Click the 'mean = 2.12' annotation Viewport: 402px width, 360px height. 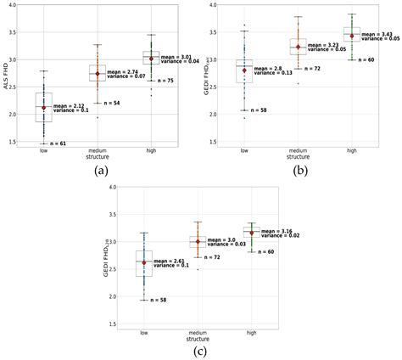[x=70, y=104]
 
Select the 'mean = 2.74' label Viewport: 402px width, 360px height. [x=124, y=72]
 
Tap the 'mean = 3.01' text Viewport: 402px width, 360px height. [x=176, y=56]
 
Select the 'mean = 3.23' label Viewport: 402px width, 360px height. [x=325, y=44]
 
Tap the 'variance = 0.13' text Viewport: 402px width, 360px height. [x=275, y=73]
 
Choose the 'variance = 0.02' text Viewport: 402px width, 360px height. [x=280, y=235]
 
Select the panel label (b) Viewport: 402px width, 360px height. [x=299, y=170]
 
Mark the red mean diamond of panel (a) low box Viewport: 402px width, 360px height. [x=44, y=108]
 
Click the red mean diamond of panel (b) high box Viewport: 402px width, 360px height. [x=352, y=36]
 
